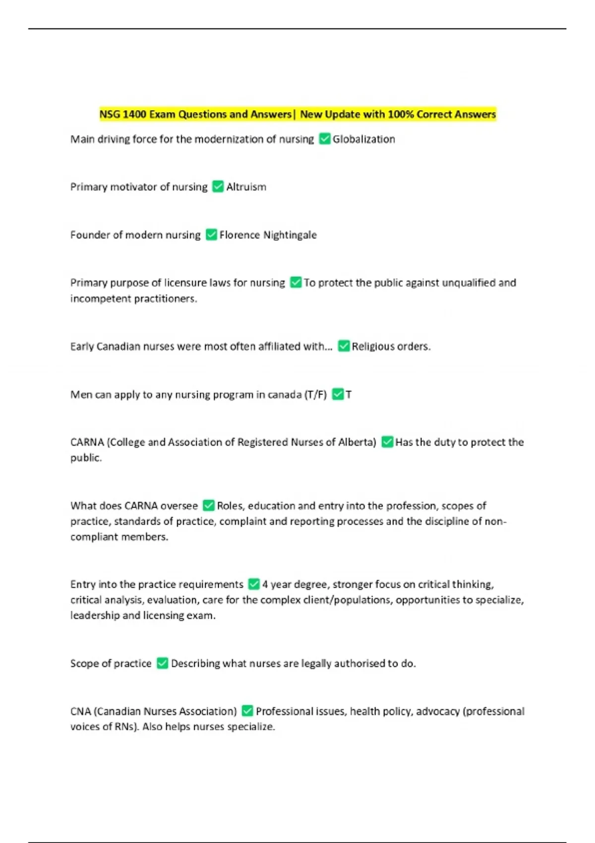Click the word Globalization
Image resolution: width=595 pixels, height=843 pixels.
[x=363, y=139]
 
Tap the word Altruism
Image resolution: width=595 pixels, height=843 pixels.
[x=246, y=187]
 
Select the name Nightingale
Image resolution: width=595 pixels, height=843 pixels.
[x=290, y=235]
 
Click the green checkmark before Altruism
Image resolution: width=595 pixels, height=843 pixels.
[x=218, y=186]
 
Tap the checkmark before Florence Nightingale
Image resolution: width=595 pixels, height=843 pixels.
[x=211, y=235]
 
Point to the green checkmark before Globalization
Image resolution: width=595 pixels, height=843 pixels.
[x=325, y=139]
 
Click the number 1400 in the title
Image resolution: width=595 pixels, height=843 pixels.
[x=134, y=115]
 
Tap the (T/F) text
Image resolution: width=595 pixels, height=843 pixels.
[x=315, y=395]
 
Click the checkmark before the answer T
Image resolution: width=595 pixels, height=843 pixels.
[x=338, y=394]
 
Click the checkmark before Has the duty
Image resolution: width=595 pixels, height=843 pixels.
[x=387, y=442]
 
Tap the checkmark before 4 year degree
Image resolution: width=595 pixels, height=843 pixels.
[x=253, y=584]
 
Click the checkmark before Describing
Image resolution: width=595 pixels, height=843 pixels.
[x=162, y=663]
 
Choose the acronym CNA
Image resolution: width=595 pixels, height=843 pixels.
[x=80, y=712]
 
